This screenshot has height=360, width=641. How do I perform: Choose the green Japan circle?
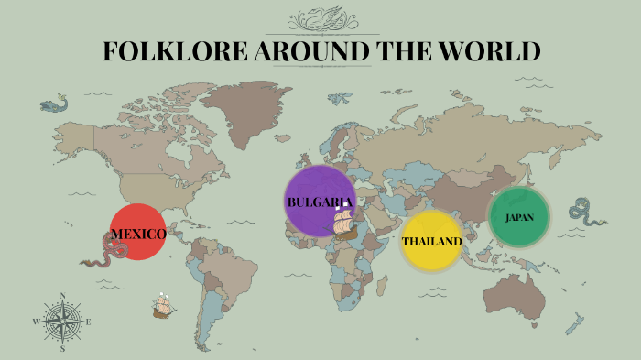(x=518, y=217)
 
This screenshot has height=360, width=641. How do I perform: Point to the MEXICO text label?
(x=138, y=234)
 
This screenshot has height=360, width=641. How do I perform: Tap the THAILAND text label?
(x=431, y=242)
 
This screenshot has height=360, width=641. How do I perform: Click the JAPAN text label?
(x=518, y=218)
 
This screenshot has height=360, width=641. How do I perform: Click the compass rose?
(x=62, y=322)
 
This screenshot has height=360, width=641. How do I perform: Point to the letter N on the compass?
(x=62, y=296)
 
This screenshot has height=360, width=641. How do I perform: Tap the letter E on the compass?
(x=89, y=322)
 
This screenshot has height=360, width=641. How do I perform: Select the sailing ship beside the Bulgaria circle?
(x=344, y=223)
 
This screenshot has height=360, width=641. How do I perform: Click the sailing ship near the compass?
(x=163, y=305)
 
